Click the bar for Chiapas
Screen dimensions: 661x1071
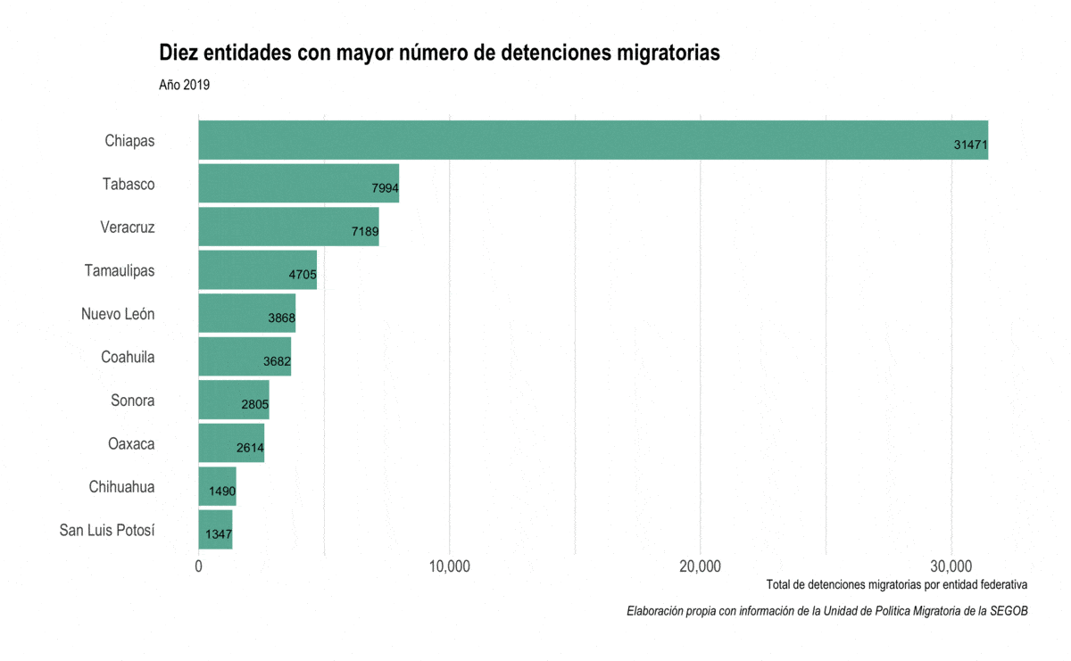click(593, 140)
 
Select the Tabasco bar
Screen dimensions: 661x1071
click(298, 183)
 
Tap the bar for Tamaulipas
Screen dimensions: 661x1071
click(257, 269)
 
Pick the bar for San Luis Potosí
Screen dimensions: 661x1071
click(215, 529)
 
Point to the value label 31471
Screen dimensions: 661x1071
click(970, 145)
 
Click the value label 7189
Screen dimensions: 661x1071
click(365, 231)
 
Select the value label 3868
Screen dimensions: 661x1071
click(281, 318)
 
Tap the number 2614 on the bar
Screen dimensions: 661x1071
click(250, 447)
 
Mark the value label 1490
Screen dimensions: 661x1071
click(222, 491)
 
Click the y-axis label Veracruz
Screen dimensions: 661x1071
click(128, 227)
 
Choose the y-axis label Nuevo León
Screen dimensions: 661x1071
click(118, 314)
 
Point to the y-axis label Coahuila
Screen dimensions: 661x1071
click(128, 357)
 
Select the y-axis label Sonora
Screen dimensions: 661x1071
click(132, 401)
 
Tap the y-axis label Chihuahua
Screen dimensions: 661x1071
click(121, 487)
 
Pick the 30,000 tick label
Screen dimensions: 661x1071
click(951, 566)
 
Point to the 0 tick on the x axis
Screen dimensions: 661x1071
click(198, 566)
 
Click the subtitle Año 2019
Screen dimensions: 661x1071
click(184, 86)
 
